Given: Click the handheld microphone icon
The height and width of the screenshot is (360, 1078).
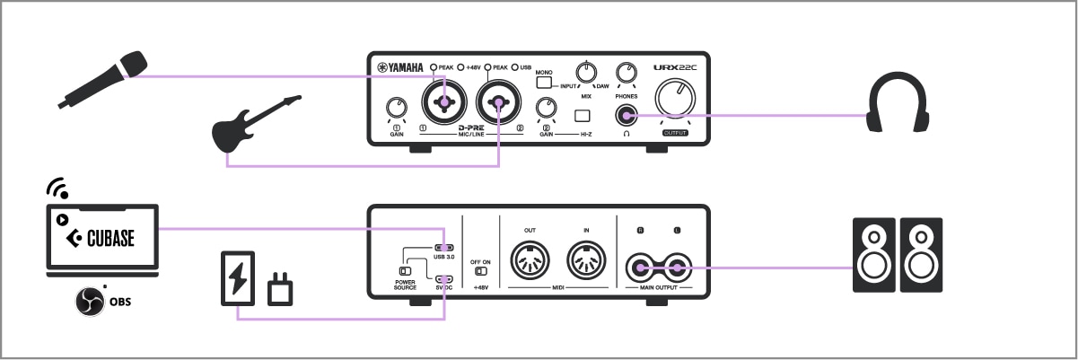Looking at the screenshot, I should pos(101,79).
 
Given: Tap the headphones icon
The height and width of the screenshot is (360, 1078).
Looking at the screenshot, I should pos(897,105).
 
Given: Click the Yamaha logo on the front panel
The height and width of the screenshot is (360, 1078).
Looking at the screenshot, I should pos(399,67).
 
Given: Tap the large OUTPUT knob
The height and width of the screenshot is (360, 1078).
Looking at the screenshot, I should pos(676,98).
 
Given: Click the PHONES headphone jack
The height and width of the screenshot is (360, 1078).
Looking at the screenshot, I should pos(626,115).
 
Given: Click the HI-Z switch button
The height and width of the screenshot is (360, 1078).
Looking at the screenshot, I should pos(583,115).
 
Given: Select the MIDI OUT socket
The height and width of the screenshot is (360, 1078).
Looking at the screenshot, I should pos(529,263).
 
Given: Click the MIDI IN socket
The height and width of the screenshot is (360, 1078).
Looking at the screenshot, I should pos(586,263).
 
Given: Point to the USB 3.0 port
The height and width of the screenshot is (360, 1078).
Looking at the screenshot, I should pos(443,248).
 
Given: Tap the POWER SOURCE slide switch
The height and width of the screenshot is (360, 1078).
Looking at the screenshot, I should pos(406,269).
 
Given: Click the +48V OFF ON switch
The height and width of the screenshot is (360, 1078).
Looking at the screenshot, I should pos(481,270).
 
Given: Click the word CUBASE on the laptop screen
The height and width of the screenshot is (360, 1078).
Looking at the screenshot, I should pos(110,239).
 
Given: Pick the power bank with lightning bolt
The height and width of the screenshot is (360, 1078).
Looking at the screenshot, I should pos(238,278).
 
